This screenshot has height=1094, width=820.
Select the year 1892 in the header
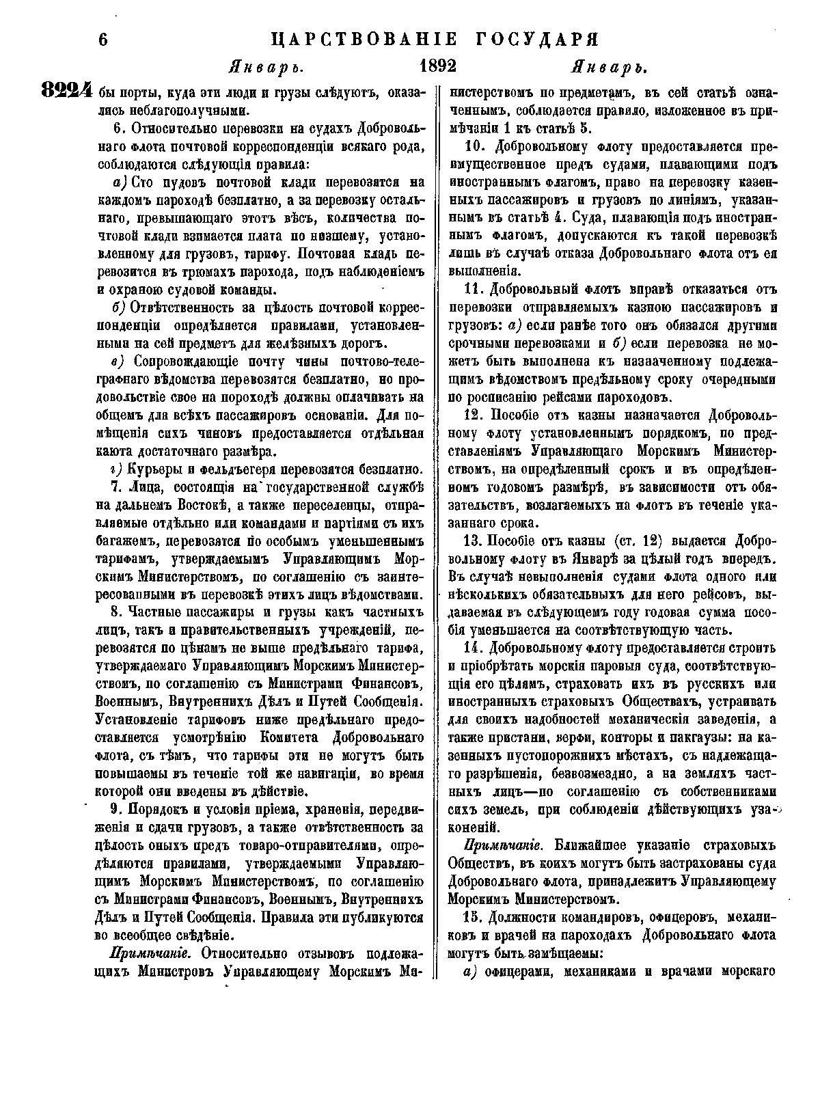click(438, 67)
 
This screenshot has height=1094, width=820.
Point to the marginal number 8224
click(66, 91)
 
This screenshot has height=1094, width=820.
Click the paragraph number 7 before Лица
click(114, 487)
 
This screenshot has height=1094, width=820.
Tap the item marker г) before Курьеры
click(115, 469)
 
